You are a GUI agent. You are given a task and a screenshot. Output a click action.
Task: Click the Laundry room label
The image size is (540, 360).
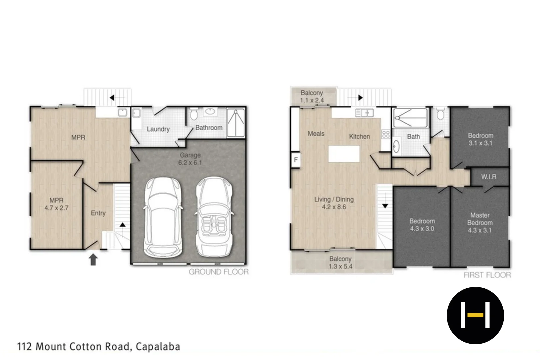(158, 129)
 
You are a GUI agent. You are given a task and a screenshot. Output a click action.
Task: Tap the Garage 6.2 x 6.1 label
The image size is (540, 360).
(190, 159)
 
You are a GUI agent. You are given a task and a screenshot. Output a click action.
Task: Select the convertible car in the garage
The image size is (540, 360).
(213, 217)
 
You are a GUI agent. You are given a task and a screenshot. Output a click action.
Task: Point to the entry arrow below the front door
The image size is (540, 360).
(93, 260)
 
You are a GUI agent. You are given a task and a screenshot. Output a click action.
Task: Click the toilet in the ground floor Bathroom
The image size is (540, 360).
(194, 114)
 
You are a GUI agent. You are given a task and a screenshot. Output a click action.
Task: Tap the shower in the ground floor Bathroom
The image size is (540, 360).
(236, 122)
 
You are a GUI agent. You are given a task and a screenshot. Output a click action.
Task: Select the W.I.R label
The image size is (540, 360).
(489, 177)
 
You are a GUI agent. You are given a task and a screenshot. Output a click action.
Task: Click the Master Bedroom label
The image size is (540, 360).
(480, 223)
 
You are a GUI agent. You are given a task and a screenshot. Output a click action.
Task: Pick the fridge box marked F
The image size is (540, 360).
(295, 160)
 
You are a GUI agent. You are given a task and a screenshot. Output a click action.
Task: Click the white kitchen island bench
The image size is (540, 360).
(344, 154)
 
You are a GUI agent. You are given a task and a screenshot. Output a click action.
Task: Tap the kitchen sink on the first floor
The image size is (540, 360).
(364, 113)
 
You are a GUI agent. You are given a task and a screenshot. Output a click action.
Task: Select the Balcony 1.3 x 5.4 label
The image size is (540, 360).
(340, 263)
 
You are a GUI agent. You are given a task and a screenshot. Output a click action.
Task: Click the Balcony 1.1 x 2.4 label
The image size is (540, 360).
(312, 96)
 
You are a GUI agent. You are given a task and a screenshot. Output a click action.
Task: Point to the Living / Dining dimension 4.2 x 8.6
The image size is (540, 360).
(334, 207)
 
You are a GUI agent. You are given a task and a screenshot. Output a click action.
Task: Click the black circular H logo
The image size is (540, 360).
(475, 315)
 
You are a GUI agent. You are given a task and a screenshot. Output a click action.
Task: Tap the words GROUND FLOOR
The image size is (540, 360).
(219, 272)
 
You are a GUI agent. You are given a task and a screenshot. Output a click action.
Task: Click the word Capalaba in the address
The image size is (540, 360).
(158, 347)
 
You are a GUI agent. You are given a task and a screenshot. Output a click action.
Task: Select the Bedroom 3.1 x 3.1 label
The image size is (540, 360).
(480, 139)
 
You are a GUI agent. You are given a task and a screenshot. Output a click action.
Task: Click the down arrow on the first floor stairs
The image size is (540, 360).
(385, 206)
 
